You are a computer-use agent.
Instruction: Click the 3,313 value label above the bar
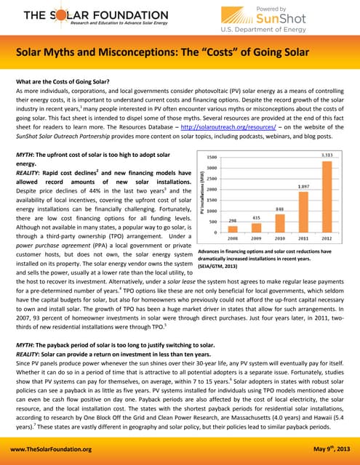coord(328,155)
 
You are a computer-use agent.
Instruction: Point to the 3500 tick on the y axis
coord(211,157)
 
